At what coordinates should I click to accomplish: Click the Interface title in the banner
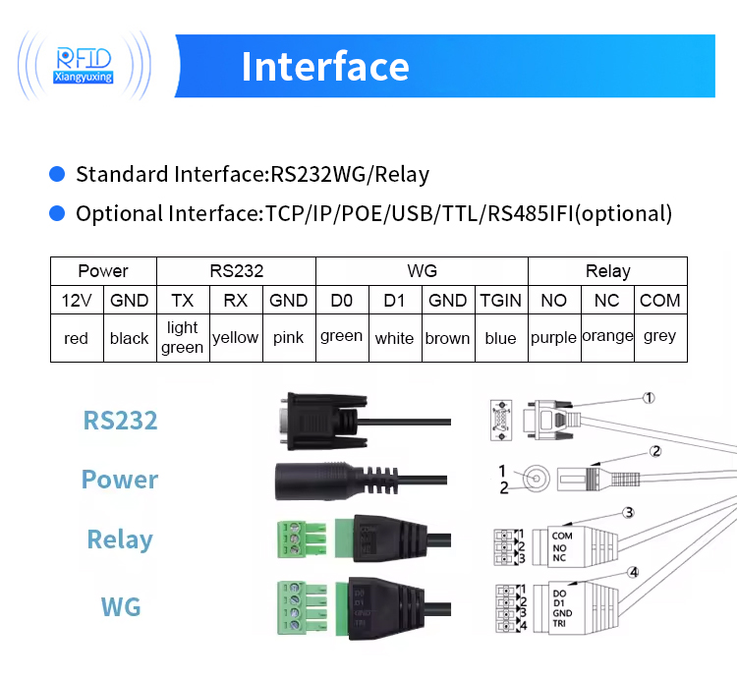point(324,67)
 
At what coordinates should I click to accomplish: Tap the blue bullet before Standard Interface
point(57,175)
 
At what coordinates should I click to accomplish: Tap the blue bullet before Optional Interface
point(57,213)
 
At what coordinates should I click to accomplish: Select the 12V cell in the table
point(77,301)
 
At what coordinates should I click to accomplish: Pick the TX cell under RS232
point(182,301)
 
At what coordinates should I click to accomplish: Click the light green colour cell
point(182,337)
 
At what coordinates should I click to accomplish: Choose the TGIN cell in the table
point(500,301)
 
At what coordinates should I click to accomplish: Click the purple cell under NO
point(553,337)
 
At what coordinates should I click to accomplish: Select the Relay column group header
point(607,271)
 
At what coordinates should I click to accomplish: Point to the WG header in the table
point(422,271)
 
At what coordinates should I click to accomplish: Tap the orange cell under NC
point(607,336)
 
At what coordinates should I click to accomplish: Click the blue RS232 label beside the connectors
point(120,421)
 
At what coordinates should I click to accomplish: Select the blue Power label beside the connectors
point(119,480)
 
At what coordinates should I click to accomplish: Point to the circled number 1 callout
point(648,398)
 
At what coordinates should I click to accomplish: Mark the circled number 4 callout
point(634,572)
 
